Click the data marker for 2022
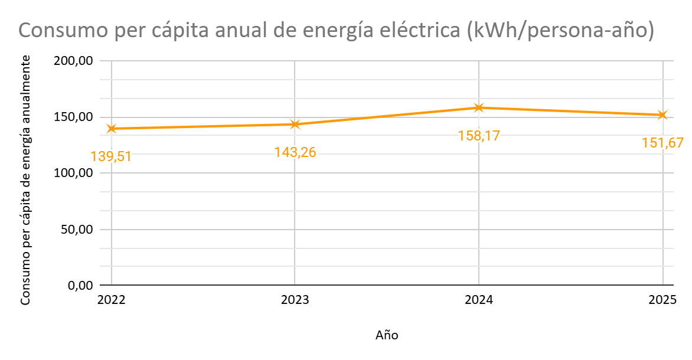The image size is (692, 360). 112,129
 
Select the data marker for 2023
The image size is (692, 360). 295,125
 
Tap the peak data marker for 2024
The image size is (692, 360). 479,107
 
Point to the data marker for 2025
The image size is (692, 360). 662,115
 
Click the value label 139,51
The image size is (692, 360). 111,156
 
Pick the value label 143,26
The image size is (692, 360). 295,152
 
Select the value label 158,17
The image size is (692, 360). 479,135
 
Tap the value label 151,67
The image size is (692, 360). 662,143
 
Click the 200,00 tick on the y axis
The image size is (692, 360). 74,61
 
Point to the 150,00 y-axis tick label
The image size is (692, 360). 74,117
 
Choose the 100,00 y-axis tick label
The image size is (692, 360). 74,173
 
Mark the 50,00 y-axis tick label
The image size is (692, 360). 77,230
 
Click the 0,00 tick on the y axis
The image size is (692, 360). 80,286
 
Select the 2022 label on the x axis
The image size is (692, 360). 112,300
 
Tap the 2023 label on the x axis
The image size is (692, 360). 295,300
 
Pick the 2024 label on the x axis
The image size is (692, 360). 479,300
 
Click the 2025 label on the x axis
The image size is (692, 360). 662,300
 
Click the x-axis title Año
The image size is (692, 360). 387,335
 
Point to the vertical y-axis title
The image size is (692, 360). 25,180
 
